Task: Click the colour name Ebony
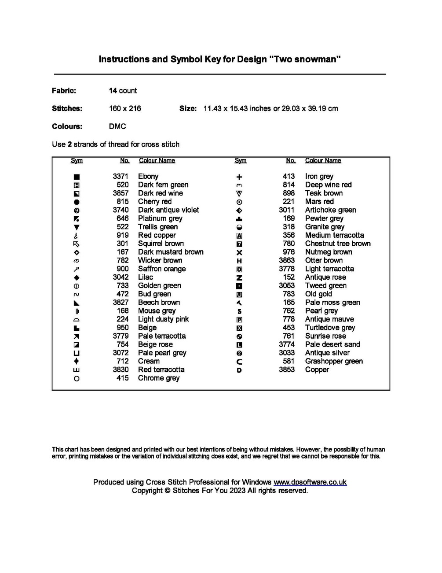(148, 176)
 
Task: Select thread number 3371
(121, 176)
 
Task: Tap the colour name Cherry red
(154, 201)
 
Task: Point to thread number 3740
(121, 210)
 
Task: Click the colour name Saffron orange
(161, 269)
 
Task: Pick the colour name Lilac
(145, 277)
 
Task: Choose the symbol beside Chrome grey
(77, 378)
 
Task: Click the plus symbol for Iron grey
(239, 177)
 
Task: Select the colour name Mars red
(319, 201)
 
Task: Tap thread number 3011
(287, 210)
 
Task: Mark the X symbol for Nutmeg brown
(239, 252)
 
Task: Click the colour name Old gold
(318, 294)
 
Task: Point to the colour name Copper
(317, 370)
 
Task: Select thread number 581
(289, 361)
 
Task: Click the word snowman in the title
(317, 59)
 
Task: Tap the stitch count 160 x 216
(125, 108)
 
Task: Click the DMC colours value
(117, 126)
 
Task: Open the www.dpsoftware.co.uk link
(310, 482)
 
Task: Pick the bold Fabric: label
(64, 91)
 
